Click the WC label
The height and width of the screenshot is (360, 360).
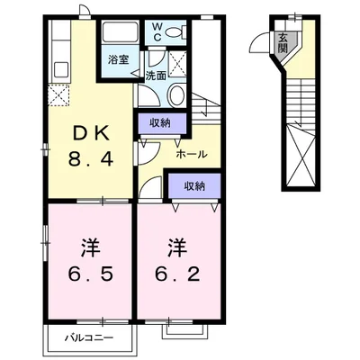[x=157, y=31]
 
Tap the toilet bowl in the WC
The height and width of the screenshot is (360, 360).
[x=175, y=31]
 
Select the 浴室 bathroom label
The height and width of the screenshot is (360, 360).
[x=119, y=59]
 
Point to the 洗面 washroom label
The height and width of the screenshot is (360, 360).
[x=156, y=76]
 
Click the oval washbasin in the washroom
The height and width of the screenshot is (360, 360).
[x=176, y=94]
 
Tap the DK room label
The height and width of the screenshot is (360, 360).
[x=91, y=134]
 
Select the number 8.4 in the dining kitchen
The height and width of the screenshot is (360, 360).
[x=91, y=158]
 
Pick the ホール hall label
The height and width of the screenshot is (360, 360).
[x=192, y=155]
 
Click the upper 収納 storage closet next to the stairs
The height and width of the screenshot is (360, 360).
[x=162, y=123]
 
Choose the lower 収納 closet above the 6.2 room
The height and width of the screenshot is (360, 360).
[x=194, y=186]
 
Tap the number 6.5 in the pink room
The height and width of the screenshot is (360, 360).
[x=90, y=274]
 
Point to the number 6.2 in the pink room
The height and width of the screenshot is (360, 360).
[x=177, y=274]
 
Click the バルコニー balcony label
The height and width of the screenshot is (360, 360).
[x=90, y=338]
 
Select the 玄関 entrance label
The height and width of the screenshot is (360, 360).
[x=283, y=42]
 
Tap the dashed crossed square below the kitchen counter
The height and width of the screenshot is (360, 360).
[x=58, y=95]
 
